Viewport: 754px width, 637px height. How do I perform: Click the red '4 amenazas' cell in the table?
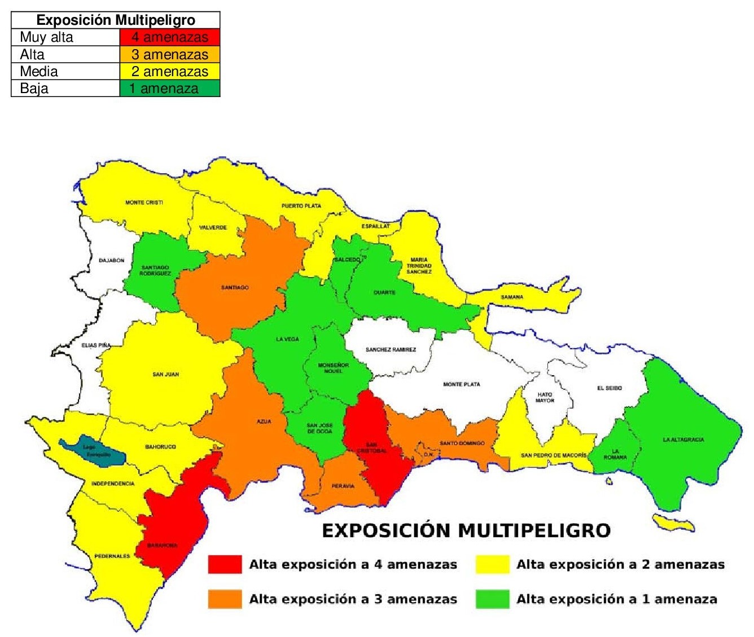click(x=170, y=37)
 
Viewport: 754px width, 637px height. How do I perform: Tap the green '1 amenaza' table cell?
click(x=170, y=89)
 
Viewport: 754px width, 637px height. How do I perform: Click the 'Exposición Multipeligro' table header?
click(x=116, y=20)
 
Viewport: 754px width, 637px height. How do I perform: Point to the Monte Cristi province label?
click(x=144, y=203)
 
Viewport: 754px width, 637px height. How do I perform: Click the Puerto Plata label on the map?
click(x=301, y=206)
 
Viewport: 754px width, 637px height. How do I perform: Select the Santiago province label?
click(x=235, y=288)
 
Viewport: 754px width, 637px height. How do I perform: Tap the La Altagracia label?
click(x=683, y=440)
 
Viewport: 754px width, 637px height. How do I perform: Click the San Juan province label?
click(x=165, y=374)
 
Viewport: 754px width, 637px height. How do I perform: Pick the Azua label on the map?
click(x=264, y=421)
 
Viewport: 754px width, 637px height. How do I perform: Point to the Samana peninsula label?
click(x=512, y=297)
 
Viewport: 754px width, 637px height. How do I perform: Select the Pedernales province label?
click(x=112, y=556)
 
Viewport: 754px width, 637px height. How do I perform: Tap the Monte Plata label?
click(x=461, y=384)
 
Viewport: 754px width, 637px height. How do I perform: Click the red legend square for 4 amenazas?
click(x=225, y=564)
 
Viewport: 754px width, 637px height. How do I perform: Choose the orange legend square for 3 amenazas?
click(x=225, y=599)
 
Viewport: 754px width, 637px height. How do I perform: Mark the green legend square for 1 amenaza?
click(x=492, y=599)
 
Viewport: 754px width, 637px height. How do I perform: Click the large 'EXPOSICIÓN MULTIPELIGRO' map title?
click(x=466, y=531)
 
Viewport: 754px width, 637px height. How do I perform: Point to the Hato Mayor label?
click(x=545, y=397)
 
